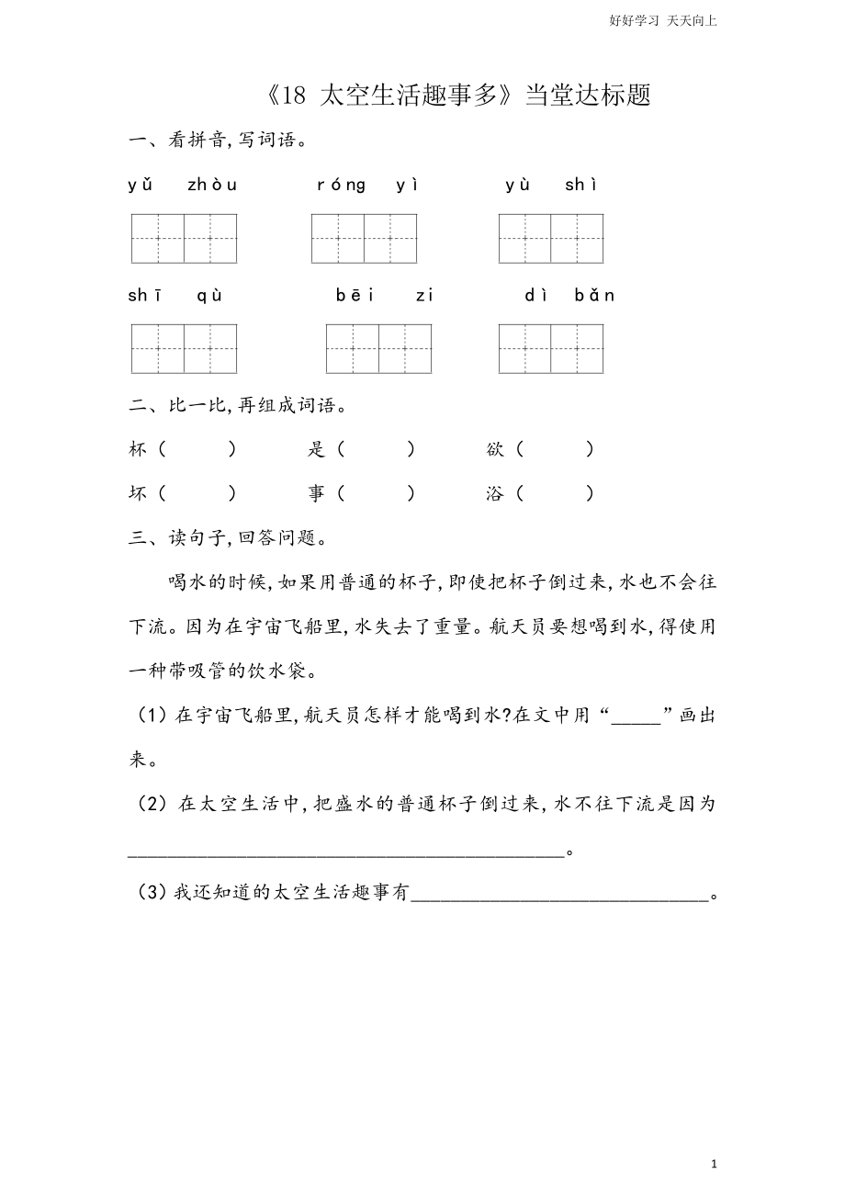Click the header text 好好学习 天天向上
click(662, 20)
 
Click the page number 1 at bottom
click(714, 1164)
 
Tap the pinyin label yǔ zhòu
click(183, 186)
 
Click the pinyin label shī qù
click(175, 296)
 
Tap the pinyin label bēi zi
click(384, 296)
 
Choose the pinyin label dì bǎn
click(569, 296)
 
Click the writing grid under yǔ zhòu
click(184, 239)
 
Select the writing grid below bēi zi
click(378, 349)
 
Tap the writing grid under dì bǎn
click(551, 349)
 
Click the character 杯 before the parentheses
click(138, 449)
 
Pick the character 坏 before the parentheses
click(138, 493)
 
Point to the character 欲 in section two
click(495, 449)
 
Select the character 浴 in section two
click(495, 493)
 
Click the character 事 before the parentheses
click(317, 493)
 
